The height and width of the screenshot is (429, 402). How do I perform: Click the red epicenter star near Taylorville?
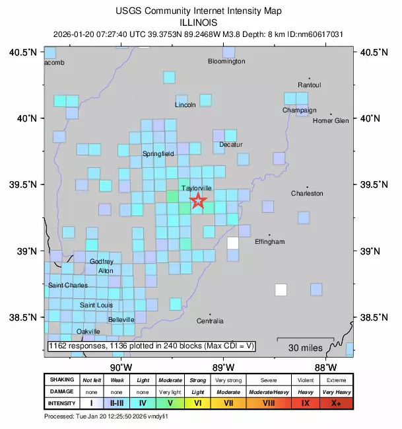pyautogui.click(x=199, y=202)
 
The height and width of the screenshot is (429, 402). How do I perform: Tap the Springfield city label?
pyautogui.click(x=158, y=154)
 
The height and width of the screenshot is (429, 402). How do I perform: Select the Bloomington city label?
pyautogui.click(x=226, y=61)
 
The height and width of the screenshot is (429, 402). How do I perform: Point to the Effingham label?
pyautogui.click(x=270, y=242)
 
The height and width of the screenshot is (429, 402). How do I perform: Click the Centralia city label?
pyautogui.click(x=210, y=321)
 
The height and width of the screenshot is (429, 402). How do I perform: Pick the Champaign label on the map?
pyautogui.click(x=300, y=110)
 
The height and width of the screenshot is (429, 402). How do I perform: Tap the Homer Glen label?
pyautogui.click(x=331, y=121)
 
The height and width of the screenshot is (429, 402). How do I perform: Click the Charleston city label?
pyautogui.click(x=308, y=194)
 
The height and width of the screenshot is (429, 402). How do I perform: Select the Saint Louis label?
pyautogui.click(x=96, y=305)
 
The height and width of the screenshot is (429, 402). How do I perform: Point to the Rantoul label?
pyautogui.click(x=309, y=85)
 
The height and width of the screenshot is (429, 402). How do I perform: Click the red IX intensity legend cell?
pyautogui.click(x=305, y=403)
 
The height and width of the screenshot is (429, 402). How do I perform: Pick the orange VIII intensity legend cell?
pyautogui.click(x=269, y=403)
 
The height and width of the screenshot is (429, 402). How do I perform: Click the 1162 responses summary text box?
pyautogui.click(x=151, y=346)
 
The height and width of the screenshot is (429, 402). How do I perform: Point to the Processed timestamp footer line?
pyautogui.click(x=106, y=417)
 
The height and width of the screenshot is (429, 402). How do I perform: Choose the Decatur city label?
pyautogui.click(x=231, y=145)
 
